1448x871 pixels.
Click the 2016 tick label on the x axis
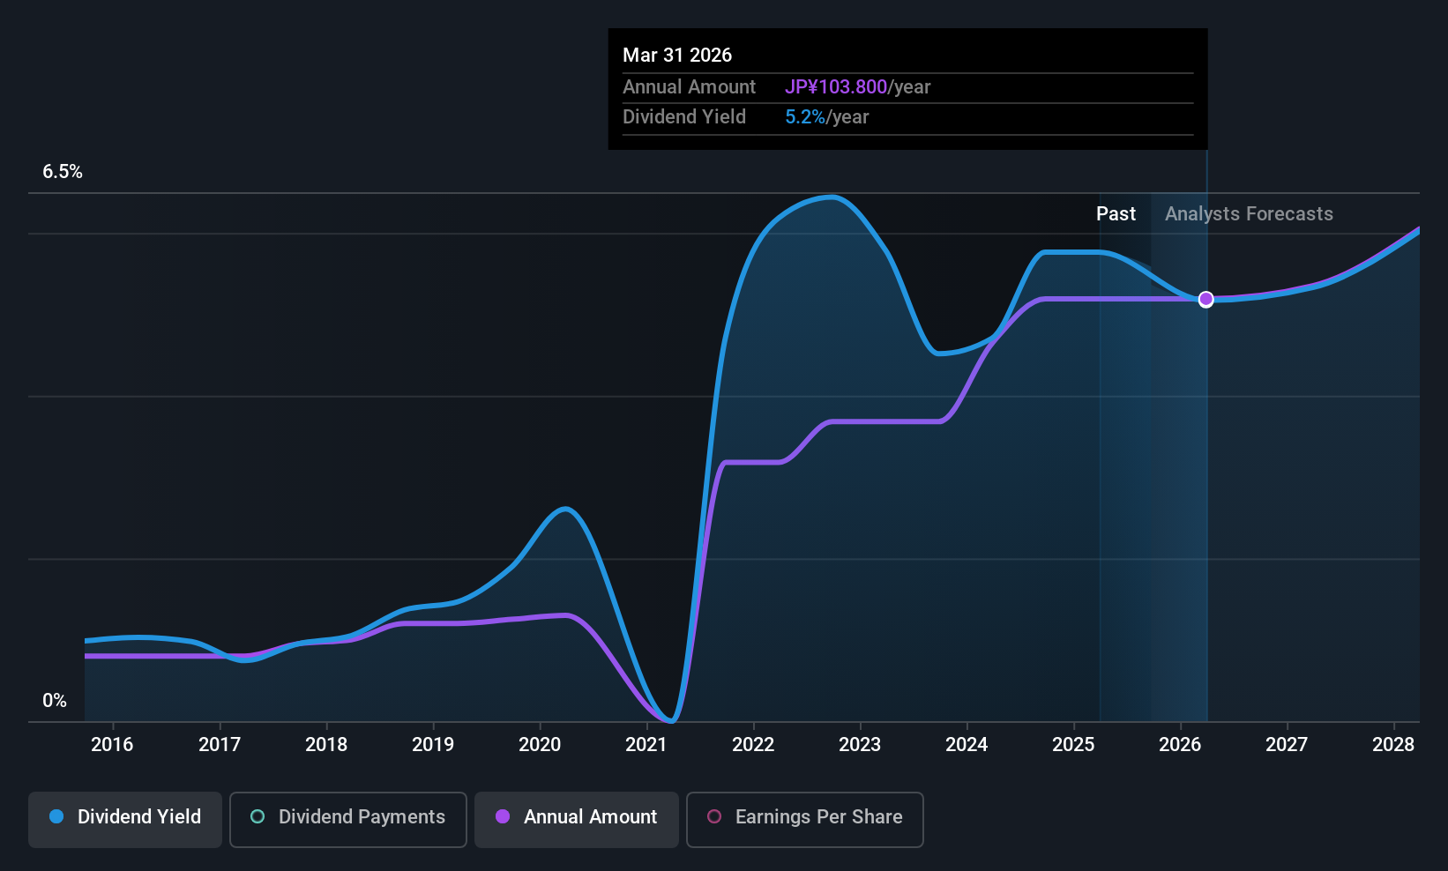[112, 745]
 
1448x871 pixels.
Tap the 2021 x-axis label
[646, 745]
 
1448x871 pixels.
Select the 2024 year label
[966, 745]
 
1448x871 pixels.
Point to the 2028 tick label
[1392, 745]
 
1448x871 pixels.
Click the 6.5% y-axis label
[62, 172]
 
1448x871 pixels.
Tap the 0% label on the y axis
[55, 701]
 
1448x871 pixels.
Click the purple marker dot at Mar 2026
[1205, 300]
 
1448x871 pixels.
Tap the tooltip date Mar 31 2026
[677, 56]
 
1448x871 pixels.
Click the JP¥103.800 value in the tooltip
[836, 87]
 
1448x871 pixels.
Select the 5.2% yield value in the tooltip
[805, 117]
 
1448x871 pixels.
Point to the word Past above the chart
[1116, 214]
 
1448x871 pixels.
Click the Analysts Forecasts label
[1249, 214]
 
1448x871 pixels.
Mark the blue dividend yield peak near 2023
[831, 197]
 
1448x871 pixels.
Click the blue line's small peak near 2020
[564, 509]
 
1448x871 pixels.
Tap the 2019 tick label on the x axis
[432, 745]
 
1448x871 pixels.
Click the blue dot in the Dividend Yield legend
[56, 817]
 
